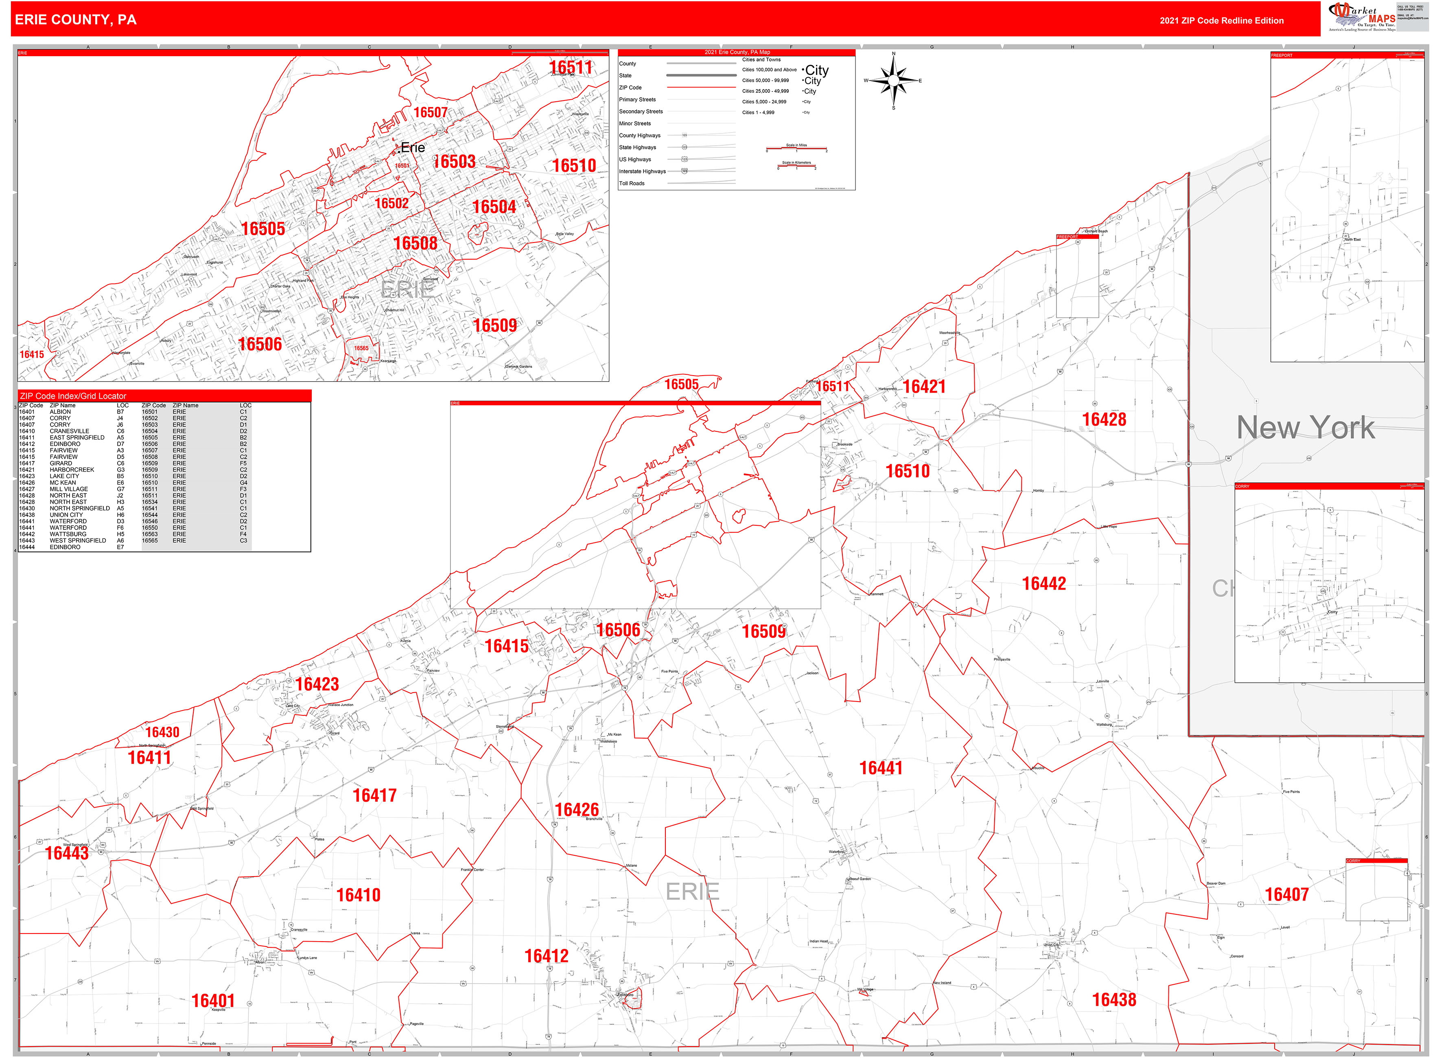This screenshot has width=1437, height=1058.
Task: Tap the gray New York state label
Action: click(1305, 428)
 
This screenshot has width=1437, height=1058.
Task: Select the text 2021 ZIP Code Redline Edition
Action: click(1221, 20)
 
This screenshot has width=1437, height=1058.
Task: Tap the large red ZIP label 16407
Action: click(1286, 895)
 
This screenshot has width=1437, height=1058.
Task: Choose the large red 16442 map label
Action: click(1044, 584)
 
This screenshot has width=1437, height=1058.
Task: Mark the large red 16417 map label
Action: click(375, 796)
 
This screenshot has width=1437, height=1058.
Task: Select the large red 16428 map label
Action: click(1104, 420)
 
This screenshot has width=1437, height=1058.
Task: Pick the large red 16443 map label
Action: click(67, 853)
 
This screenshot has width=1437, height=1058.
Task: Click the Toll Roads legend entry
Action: click(632, 183)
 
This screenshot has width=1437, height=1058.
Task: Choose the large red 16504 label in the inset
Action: click(494, 207)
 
